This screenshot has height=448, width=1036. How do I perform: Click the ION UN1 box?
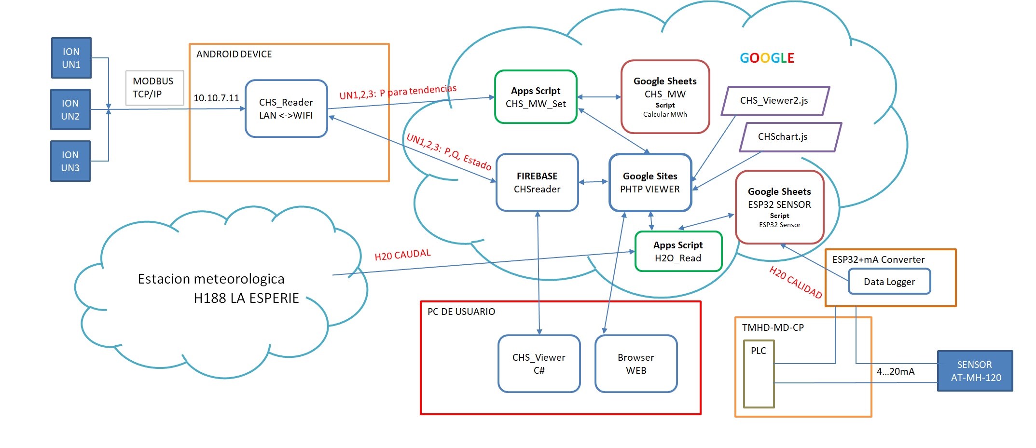pyautogui.click(x=71, y=58)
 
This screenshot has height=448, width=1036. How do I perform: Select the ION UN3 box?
pyautogui.click(x=70, y=161)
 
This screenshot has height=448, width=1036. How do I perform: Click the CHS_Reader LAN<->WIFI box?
pyautogui.click(x=286, y=109)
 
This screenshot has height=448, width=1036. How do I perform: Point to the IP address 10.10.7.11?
pyautogui.click(x=216, y=98)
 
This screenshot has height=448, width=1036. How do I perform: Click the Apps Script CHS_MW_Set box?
pyautogui.click(x=536, y=97)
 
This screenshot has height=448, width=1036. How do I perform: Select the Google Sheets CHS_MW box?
pyautogui.click(x=665, y=97)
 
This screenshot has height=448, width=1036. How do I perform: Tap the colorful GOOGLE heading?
pyautogui.click(x=767, y=58)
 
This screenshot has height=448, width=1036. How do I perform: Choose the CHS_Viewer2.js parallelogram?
pyautogui.click(x=775, y=101)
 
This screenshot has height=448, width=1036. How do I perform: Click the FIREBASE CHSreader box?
pyautogui.click(x=537, y=182)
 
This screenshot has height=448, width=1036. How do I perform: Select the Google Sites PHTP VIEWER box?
pyautogui.click(x=650, y=182)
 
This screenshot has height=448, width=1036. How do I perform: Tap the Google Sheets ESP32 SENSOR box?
pyautogui.click(x=779, y=207)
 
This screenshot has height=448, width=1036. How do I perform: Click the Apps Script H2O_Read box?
pyautogui.click(x=678, y=251)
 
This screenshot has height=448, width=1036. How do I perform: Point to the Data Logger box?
pyautogui.click(x=889, y=282)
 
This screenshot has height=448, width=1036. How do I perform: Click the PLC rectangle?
pyautogui.click(x=759, y=374)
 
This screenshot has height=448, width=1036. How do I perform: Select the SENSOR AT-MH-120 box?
pyautogui.click(x=975, y=371)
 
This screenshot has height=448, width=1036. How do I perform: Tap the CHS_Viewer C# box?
pyautogui.click(x=539, y=364)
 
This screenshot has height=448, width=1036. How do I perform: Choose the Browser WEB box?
pyautogui.click(x=636, y=364)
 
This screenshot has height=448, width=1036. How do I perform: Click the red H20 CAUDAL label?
pyautogui.click(x=402, y=255)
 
